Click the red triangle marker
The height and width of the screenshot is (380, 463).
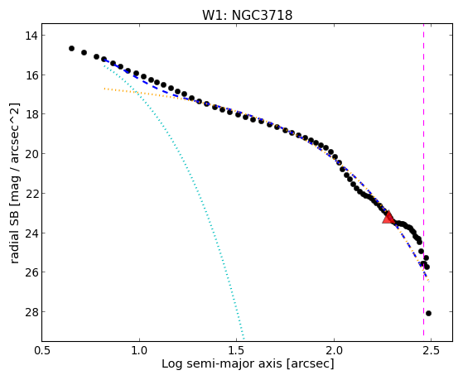coord(388,217)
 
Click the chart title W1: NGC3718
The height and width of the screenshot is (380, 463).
coord(247,16)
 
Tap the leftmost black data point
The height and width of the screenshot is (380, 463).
coord(71,48)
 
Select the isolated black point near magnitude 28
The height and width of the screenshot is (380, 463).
coord(428,313)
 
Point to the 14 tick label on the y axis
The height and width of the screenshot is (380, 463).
coord(31,36)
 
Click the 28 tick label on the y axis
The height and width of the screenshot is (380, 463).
coord(31,312)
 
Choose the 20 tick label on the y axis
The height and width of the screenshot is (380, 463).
coord(31,154)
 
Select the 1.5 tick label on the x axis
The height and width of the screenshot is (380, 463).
coord(237,350)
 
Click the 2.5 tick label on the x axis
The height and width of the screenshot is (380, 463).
coord(431,350)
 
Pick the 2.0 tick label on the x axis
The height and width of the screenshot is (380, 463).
coord(334,350)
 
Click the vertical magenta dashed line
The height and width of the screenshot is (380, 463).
coord(424,180)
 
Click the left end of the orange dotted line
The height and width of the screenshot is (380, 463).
coord(104,89)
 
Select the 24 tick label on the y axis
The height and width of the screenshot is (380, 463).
coord(31,233)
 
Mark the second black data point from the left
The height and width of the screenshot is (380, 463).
coord(84,52)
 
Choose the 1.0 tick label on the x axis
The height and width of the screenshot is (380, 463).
coord(139,350)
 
